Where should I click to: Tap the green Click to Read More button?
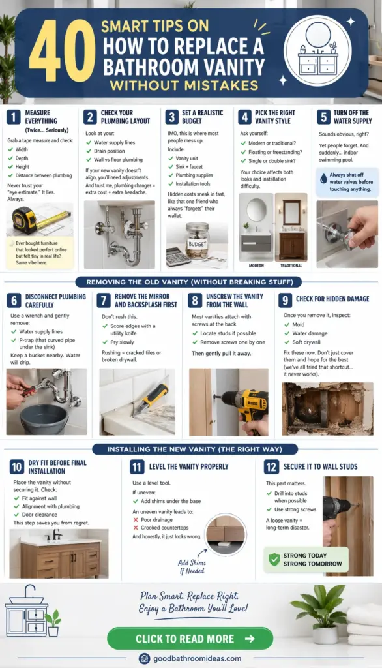(190, 638)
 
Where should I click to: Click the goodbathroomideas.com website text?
(197, 659)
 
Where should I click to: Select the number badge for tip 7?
(104, 300)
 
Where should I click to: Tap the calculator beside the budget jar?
(178, 256)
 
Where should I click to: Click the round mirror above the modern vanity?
(256, 209)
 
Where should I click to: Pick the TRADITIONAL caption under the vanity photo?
(291, 266)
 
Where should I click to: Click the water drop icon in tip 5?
(323, 179)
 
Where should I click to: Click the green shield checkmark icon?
(274, 559)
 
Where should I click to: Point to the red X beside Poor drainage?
(136, 520)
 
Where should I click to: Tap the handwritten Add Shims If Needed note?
(192, 567)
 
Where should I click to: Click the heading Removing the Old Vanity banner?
(190, 282)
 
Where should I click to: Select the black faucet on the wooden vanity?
(56, 535)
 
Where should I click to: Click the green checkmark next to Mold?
(287, 325)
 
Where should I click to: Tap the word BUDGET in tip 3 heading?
(192, 121)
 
